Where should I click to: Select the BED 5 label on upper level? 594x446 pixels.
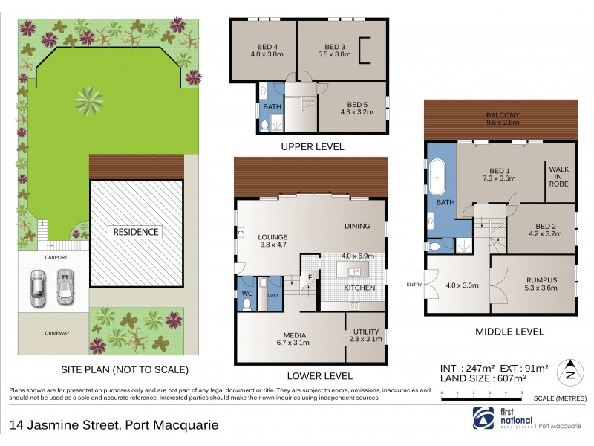tap(353, 104)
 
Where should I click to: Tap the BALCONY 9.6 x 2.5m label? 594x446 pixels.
tap(501, 116)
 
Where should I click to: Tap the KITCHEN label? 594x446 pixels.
tap(357, 287)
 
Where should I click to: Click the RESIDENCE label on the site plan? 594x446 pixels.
tap(136, 232)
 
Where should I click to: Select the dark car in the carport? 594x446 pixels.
tap(36, 288)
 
